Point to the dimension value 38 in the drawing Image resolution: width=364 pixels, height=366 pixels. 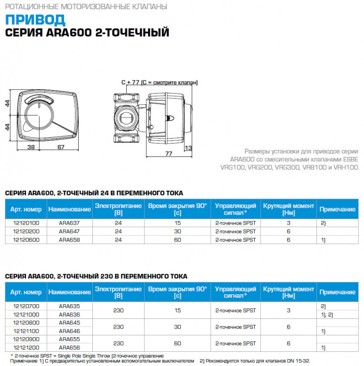point(31,147)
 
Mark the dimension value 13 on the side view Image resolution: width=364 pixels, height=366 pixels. point(188,147)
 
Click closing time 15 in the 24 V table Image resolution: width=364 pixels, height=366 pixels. point(177,223)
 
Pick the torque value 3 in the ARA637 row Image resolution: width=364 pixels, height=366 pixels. point(289,223)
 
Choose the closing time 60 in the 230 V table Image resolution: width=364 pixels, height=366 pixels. point(177,344)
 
